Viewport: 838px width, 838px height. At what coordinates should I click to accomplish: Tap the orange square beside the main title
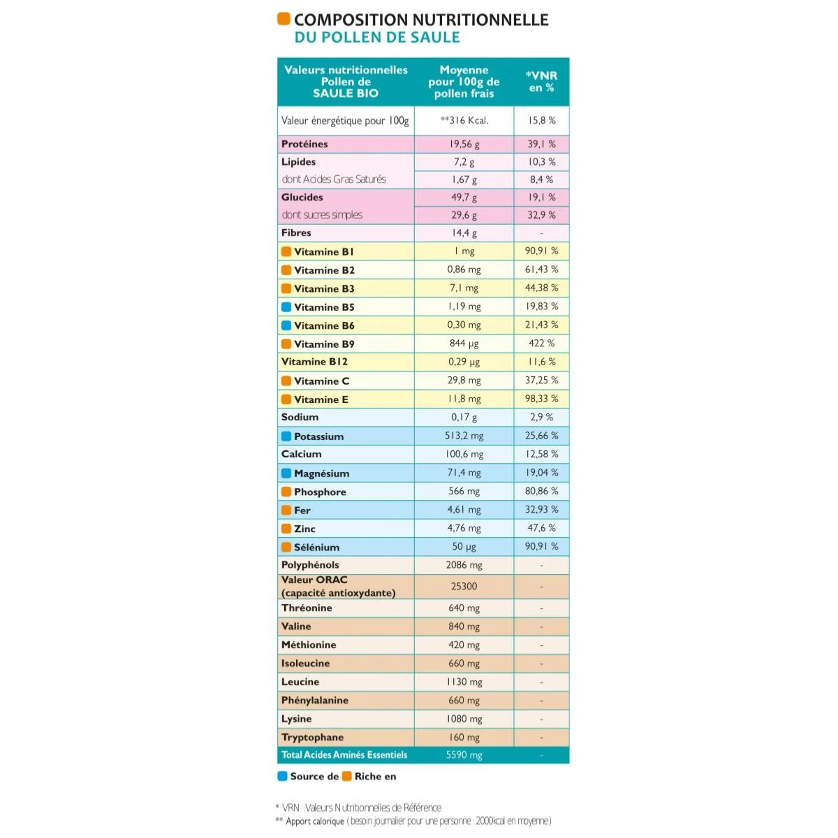click(284, 19)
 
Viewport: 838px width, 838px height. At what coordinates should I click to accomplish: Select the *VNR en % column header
click(541, 82)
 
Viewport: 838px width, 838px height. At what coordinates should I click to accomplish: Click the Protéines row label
click(304, 144)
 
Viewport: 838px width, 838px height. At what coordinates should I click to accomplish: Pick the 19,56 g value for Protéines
click(464, 144)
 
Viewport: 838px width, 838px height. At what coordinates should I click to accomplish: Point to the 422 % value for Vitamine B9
click(541, 344)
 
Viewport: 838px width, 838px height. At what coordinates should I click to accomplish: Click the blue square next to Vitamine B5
click(286, 307)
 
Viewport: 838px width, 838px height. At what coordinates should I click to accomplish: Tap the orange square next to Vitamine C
click(286, 381)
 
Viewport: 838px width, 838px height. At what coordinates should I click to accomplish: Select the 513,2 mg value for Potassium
click(464, 436)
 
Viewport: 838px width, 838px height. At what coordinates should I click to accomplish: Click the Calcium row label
click(302, 454)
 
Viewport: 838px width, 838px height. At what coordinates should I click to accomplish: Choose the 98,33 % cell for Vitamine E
click(541, 399)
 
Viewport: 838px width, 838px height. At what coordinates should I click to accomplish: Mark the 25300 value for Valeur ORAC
click(464, 587)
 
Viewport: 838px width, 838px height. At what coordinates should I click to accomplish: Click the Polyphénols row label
click(310, 565)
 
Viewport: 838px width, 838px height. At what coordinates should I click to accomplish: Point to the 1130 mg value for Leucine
click(464, 682)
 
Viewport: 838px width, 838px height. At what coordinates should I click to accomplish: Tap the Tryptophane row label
click(312, 737)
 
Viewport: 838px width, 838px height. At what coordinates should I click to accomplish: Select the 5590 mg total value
click(464, 755)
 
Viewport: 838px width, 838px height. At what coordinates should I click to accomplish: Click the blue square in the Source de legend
click(283, 776)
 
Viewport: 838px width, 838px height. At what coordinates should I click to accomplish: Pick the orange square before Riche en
click(346, 776)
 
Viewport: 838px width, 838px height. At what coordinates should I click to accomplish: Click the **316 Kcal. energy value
click(464, 120)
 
